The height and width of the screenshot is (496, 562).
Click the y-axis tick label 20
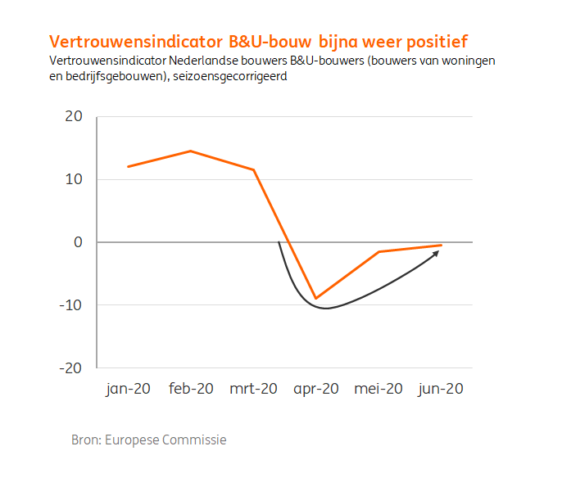pos(74,117)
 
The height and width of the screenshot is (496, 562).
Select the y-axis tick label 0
pos(79,242)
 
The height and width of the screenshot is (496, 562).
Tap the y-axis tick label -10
pos(71,305)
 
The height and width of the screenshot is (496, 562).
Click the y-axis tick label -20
pos(71,368)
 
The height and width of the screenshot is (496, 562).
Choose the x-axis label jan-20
pos(128,390)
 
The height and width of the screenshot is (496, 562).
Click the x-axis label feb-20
pos(191,390)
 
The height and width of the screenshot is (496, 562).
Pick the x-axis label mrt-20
pos(253,390)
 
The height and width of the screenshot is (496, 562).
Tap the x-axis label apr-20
pos(316,390)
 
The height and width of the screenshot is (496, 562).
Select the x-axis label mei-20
pos(378,390)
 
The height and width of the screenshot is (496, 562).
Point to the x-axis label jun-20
pos(442,390)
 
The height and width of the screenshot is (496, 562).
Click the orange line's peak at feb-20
pos(191,151)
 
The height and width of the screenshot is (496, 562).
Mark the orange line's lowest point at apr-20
pos(316,298)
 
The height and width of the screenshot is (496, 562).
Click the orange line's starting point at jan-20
pos(128,167)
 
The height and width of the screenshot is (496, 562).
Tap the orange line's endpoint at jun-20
pos(442,245)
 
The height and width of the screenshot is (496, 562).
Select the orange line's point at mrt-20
pos(254,169)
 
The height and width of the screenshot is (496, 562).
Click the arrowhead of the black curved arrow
pos(437,253)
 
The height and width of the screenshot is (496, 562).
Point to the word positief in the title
pos(440,41)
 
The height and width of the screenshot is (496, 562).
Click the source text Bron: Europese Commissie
pos(148,440)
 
